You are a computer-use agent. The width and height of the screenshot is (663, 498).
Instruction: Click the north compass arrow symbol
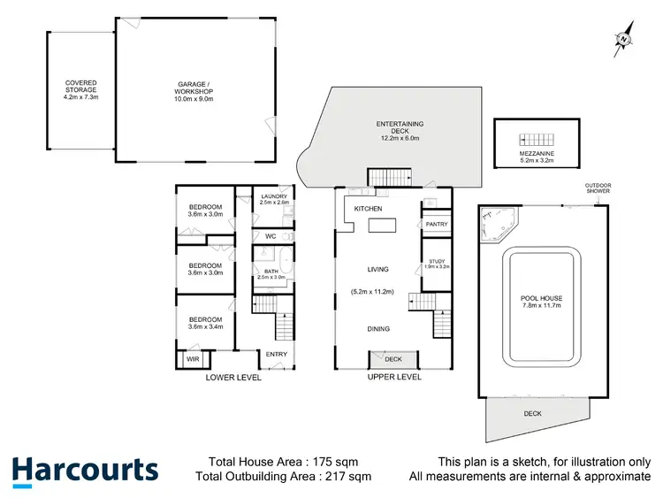pyautogui.click(x=624, y=38)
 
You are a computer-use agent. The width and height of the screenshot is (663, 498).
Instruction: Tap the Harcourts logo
pyautogui.click(x=85, y=471)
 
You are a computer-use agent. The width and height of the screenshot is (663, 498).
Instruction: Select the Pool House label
pyautogui.click(x=542, y=302)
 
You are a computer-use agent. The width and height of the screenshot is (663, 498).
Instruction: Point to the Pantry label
pyautogui.click(x=437, y=225)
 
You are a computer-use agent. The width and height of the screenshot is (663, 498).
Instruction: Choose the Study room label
pyautogui.click(x=438, y=263)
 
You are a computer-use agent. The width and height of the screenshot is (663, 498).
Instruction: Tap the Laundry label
pyautogui.click(x=273, y=200)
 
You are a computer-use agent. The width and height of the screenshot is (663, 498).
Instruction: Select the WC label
pyautogui.click(x=271, y=236)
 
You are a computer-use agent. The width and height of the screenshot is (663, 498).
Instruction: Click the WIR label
pyautogui.click(x=192, y=360)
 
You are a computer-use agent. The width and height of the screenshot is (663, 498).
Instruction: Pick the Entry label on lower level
pyautogui.click(x=277, y=355)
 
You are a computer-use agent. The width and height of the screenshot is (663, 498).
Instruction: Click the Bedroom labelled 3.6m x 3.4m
pyautogui.click(x=205, y=323)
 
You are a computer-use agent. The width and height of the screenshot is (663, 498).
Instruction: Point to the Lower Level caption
pyautogui.click(x=233, y=378)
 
